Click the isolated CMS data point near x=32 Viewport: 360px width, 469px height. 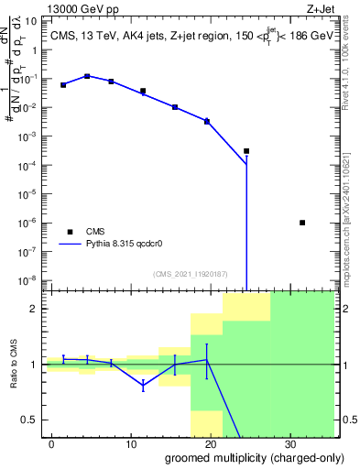[x=302, y=223]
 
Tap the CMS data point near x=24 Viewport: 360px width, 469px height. [x=246, y=151]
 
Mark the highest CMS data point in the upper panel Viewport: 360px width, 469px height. [x=87, y=76]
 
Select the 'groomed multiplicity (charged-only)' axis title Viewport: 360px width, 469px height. [x=241, y=457]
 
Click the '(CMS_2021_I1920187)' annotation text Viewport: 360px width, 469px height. [x=191, y=274]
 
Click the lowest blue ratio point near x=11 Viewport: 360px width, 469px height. [x=143, y=387]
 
